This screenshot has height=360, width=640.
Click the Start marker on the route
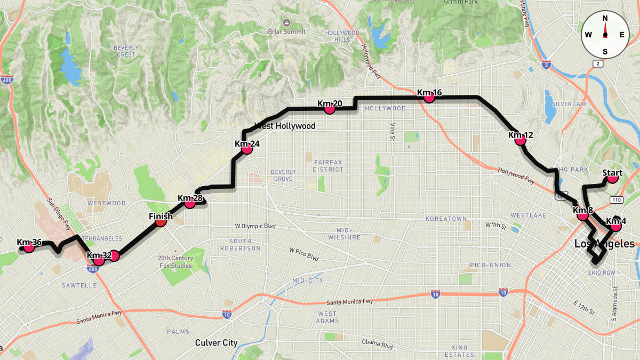[612, 178]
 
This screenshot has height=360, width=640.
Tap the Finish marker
[161, 221]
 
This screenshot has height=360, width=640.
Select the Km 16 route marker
[429, 98]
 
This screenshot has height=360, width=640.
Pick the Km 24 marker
[247, 149]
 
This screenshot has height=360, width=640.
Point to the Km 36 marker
[29, 247]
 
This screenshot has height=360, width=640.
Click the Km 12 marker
[521, 140]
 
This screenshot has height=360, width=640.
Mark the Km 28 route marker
[190, 203]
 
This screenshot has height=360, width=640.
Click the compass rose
[605, 35]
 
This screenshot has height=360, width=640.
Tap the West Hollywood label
[285, 126]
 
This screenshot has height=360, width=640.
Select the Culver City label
[216, 343]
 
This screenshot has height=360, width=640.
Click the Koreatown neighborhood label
[446, 219]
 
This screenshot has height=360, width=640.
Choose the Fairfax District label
[328, 165]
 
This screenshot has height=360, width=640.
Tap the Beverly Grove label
[283, 175]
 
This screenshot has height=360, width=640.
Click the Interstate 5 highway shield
[546, 64]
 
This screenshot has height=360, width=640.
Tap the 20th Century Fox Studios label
[175, 262]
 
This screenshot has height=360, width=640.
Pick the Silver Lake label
[570, 104]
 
